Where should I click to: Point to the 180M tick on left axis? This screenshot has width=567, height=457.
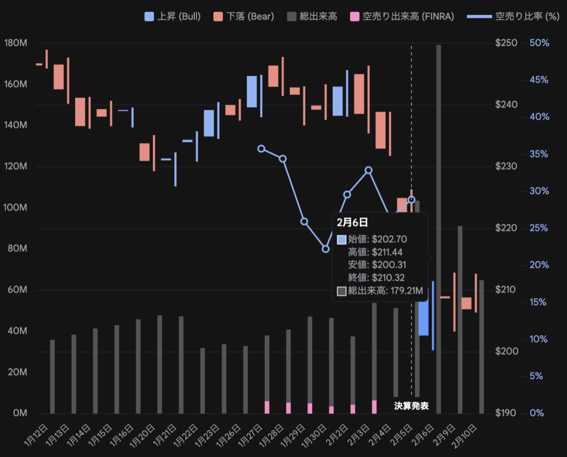(15, 43)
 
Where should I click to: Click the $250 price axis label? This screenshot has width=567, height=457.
(506, 43)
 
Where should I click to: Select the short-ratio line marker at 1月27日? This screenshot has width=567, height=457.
(261, 148)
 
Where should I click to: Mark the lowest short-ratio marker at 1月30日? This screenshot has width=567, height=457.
(326, 249)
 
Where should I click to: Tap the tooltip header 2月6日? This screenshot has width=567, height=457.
(352, 222)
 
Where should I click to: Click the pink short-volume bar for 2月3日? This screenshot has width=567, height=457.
(374, 407)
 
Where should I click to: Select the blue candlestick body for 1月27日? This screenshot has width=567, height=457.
(252, 91)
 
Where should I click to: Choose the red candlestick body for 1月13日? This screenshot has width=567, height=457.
(59, 77)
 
